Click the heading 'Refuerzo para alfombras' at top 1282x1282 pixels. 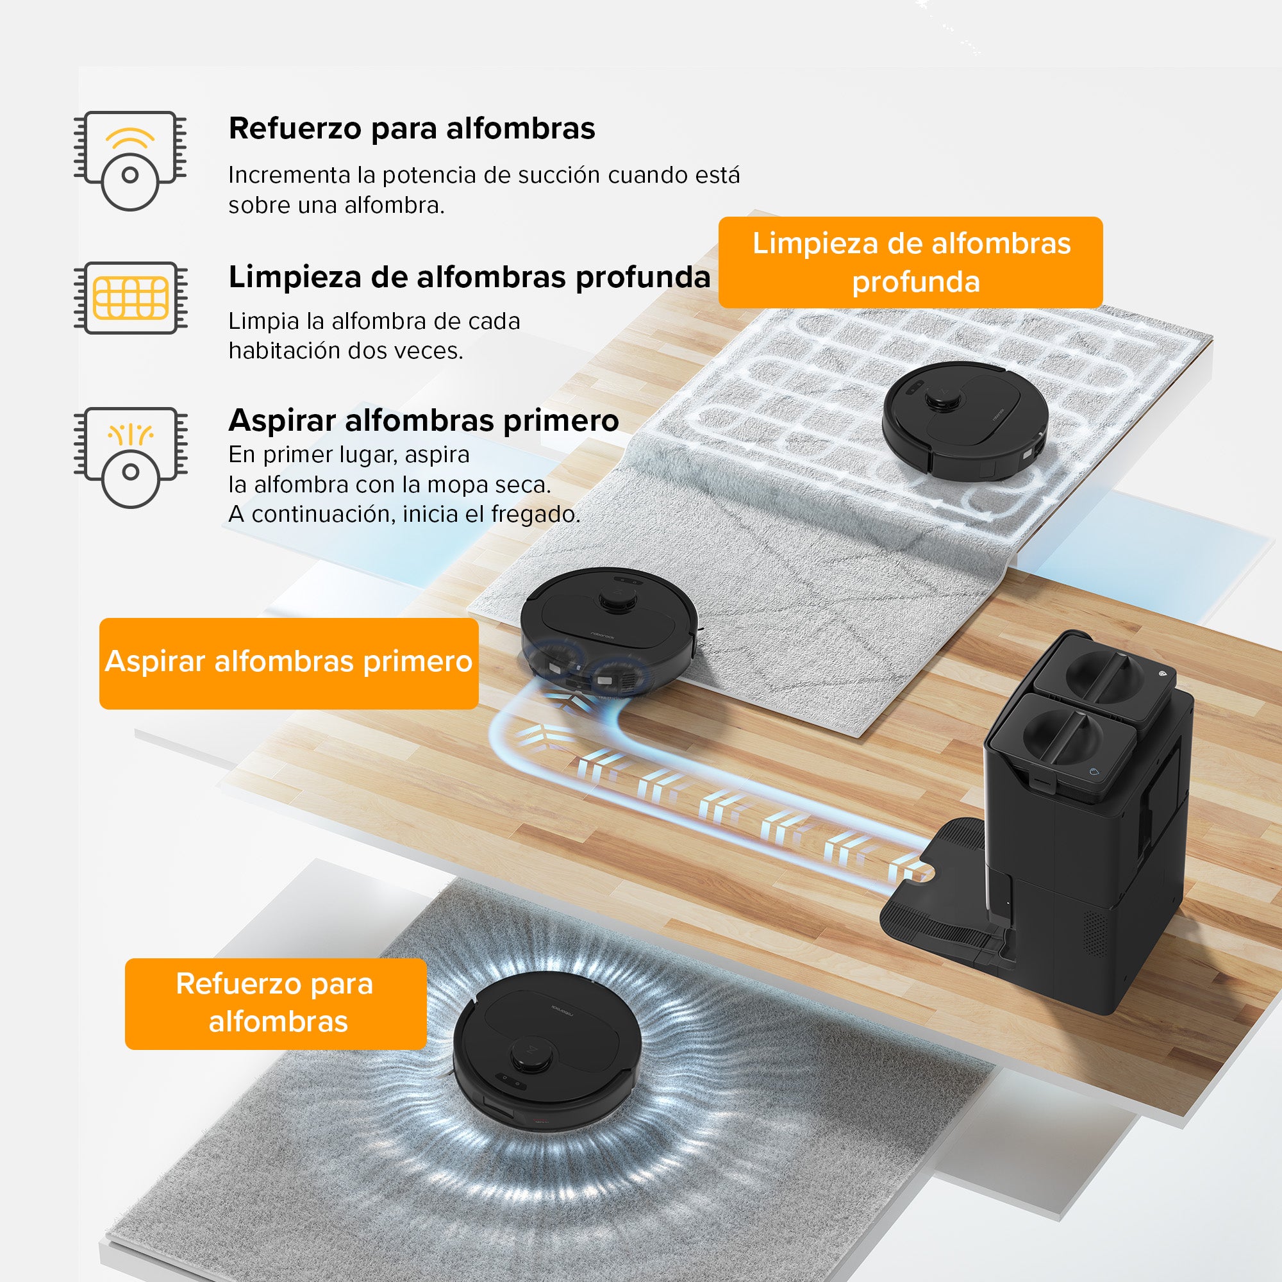point(412,129)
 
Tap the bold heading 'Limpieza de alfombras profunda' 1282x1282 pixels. point(469,278)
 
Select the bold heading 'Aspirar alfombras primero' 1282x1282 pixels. point(423,420)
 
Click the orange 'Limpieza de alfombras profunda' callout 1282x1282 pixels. point(910,262)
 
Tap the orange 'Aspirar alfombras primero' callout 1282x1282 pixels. point(288,663)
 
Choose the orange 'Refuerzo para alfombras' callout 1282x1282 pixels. point(276,1003)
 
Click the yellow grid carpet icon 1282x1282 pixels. point(131,298)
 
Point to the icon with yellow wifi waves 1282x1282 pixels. point(130,161)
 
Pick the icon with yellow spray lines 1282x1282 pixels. point(131,458)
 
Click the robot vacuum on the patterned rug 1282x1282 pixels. point(965,419)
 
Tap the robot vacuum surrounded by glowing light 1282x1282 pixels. point(547,1044)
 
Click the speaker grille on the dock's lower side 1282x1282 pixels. point(1095,935)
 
